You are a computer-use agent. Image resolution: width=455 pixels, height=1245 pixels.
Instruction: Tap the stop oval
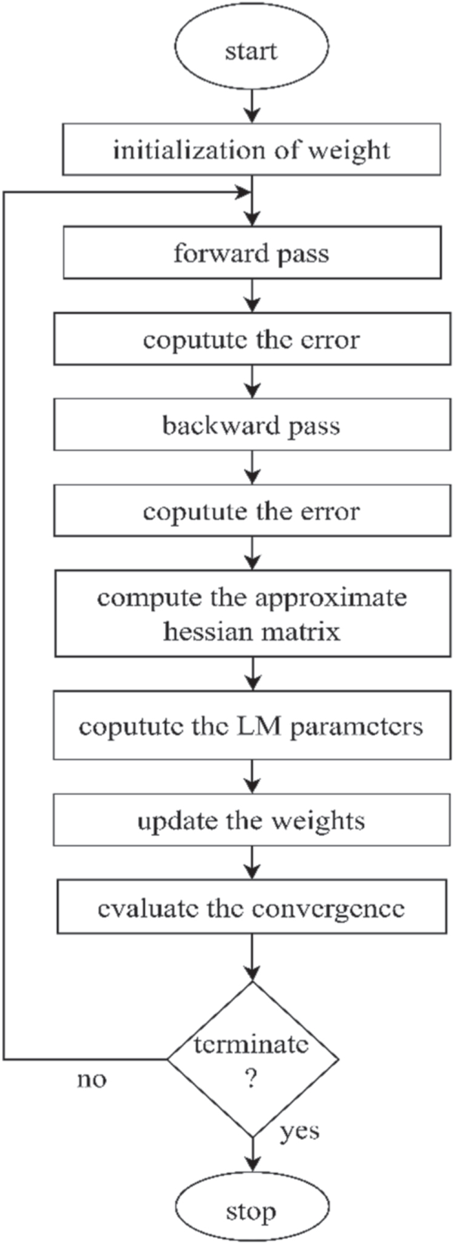click(251, 1212)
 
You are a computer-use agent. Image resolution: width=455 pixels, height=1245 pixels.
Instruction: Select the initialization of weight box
click(251, 149)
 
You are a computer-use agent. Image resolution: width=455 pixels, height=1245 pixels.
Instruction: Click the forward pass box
click(251, 252)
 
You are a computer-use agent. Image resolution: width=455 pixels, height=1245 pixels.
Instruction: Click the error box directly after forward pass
click(251, 339)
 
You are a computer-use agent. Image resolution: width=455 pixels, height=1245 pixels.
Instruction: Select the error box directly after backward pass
click(251, 510)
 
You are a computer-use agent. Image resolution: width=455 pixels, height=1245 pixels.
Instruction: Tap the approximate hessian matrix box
click(251, 613)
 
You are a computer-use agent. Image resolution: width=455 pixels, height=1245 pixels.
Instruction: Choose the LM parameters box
click(251, 725)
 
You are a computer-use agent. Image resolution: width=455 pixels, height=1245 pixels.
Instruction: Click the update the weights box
click(251, 820)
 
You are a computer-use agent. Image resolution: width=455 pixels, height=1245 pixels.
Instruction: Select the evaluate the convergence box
click(251, 907)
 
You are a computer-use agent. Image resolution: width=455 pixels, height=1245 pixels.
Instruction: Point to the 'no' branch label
click(92, 1080)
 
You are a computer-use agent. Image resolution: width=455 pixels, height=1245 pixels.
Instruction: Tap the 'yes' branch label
click(300, 1130)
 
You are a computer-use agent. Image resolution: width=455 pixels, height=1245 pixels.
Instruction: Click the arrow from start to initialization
click(251, 109)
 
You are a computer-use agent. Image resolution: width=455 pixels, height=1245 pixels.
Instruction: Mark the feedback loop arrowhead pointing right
click(243, 193)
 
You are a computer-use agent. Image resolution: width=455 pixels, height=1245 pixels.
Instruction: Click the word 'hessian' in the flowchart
click(201, 631)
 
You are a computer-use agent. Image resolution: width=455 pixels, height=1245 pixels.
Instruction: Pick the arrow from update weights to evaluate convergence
click(251, 863)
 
